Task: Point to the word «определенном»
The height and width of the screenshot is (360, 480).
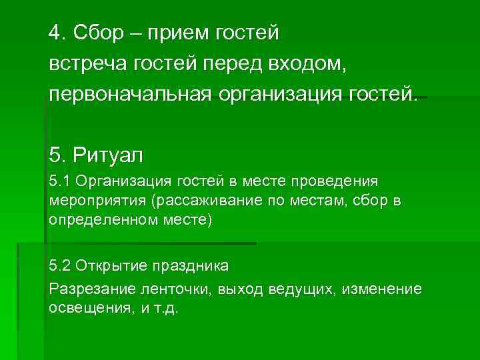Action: click(97, 220)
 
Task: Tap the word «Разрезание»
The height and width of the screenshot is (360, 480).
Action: click(90, 289)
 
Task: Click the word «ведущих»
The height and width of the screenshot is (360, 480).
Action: click(298, 289)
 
